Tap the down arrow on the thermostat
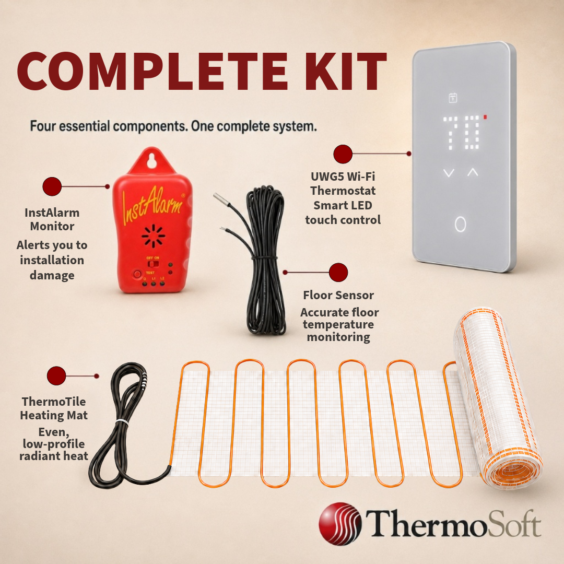[449, 173]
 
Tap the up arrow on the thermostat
[473, 172]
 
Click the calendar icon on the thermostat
[453, 98]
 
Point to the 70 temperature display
[462, 132]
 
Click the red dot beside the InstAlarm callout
[52, 186]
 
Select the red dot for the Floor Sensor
[338, 272]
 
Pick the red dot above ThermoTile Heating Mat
[56, 376]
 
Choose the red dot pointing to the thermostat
[343, 154]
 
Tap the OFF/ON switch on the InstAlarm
[154, 264]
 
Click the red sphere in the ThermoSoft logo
[340, 524]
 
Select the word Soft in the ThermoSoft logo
[517, 523]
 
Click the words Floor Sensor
[338, 295]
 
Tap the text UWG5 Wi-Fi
[343, 177]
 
